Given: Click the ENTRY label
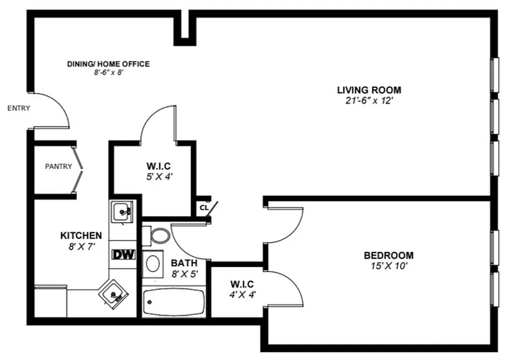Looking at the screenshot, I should (x=19, y=108).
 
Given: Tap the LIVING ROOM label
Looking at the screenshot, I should (x=369, y=90).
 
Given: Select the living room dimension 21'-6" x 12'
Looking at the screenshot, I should (x=369, y=101).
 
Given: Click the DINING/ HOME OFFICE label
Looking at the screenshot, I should (x=108, y=64).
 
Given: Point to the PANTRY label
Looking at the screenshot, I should (x=59, y=166).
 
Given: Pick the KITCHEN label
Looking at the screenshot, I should (x=81, y=235).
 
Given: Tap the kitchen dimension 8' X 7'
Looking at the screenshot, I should (x=81, y=246).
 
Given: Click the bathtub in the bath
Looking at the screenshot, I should (x=173, y=302).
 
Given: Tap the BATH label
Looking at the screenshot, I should (x=184, y=263).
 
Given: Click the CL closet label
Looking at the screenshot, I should (x=204, y=207).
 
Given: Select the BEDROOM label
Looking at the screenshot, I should (x=388, y=256).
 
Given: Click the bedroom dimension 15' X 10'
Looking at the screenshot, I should (x=388, y=266).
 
